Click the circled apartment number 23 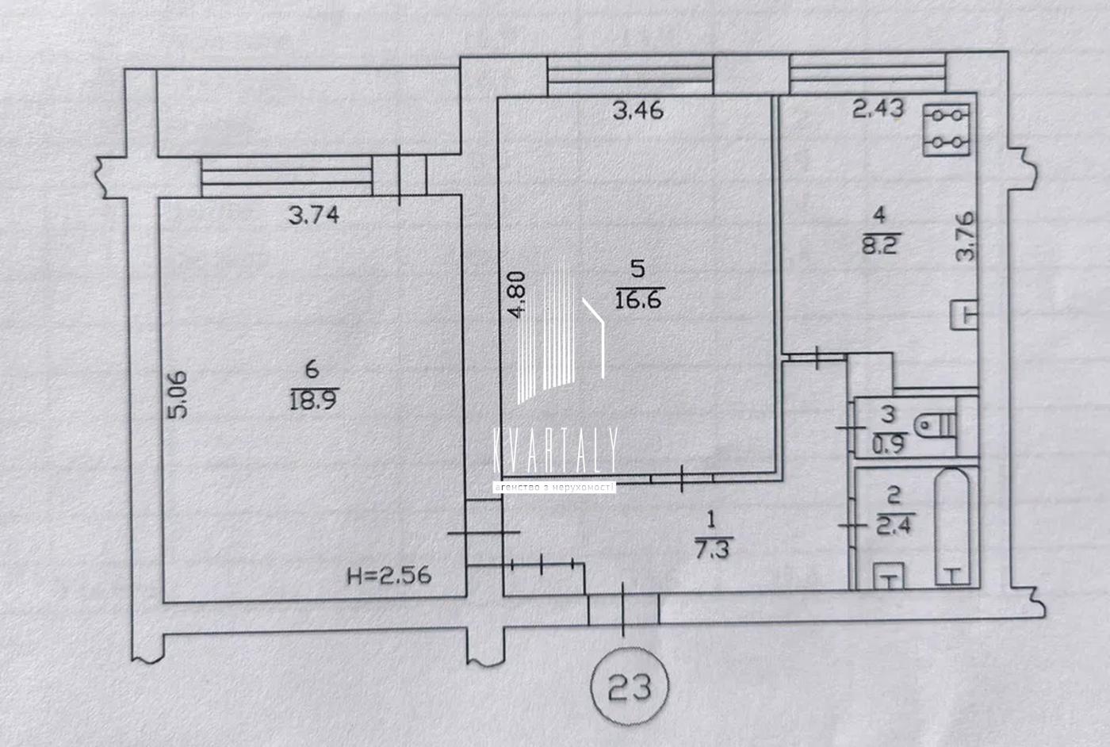pyautogui.click(x=630, y=686)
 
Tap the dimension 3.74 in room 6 pyautogui.click(x=314, y=216)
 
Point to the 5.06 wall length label pyautogui.click(x=178, y=395)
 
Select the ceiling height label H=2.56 pyautogui.click(x=389, y=576)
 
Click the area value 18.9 pyautogui.click(x=313, y=400)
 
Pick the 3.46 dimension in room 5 pyautogui.click(x=637, y=110)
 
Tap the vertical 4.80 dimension pyautogui.click(x=515, y=294)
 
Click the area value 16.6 pyautogui.click(x=638, y=301)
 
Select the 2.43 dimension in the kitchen pyautogui.click(x=878, y=109)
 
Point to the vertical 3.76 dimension pyautogui.click(x=965, y=236)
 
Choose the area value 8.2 pyautogui.click(x=881, y=245)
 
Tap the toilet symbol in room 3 pyautogui.click(x=935, y=425)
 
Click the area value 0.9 pyautogui.click(x=889, y=443)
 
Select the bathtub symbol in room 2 pyautogui.click(x=952, y=527)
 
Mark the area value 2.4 pyautogui.click(x=895, y=524)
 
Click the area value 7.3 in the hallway pyautogui.click(x=712, y=550)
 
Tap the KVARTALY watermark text pyautogui.click(x=556, y=450)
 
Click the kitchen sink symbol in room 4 pyautogui.click(x=964, y=315)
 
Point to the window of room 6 pyautogui.click(x=287, y=177)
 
